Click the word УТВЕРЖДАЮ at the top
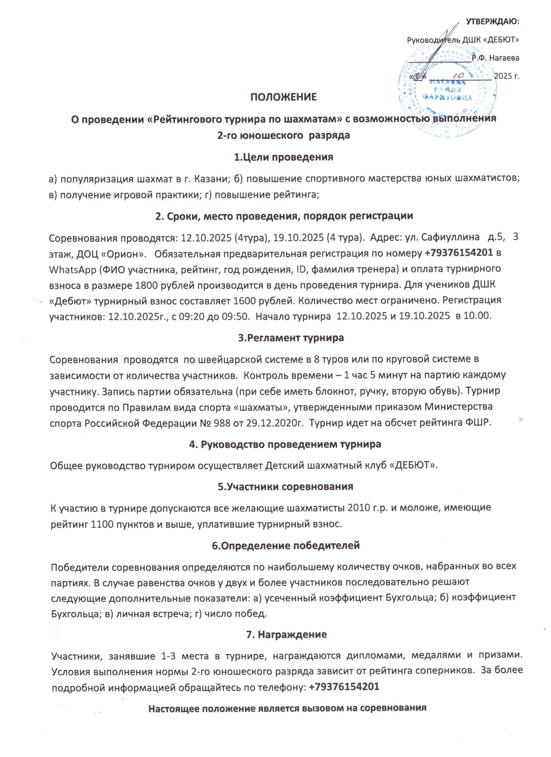492,21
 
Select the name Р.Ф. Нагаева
495,58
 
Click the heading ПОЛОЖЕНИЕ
283,97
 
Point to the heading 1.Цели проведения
283,157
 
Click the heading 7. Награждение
286,634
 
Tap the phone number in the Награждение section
344,687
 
